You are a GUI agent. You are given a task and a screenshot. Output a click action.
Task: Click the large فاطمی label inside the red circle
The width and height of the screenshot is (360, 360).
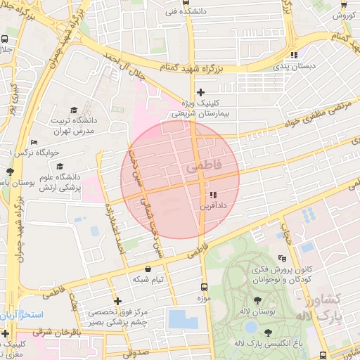pos(204,167)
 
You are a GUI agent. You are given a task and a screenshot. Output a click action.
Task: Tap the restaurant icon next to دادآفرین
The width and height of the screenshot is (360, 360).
pos(212,195)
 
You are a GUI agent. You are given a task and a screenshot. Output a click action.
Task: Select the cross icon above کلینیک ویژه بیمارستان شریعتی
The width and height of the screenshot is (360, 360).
pos(200,92)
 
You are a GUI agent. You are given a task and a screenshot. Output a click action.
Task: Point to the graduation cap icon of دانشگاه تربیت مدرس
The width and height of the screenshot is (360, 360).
pos(74,110)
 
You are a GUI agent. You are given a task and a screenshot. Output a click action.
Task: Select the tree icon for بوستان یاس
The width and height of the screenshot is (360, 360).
pos(9,172)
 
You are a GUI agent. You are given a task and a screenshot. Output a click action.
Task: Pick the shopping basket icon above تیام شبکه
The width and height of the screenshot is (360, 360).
pos(148,269)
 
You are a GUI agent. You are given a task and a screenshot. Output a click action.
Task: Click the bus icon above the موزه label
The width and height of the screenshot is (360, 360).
pos(205,287)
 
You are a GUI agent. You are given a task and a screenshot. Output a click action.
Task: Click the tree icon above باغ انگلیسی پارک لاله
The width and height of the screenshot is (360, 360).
pos(268,333)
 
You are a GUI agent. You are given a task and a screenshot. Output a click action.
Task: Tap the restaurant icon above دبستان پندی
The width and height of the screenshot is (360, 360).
pos(294,55)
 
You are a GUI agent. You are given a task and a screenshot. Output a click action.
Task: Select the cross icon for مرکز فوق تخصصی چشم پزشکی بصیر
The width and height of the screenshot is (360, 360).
pos(117,301)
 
